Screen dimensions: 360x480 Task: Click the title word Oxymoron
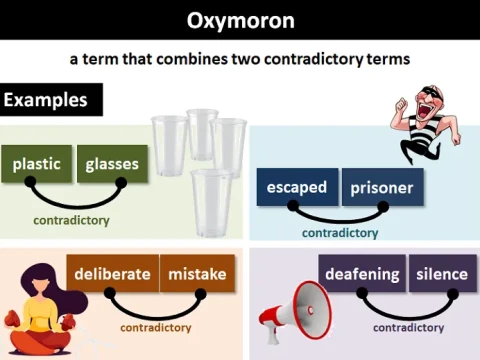pyautogui.click(x=240, y=20)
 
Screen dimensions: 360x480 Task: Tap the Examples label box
pyautogui.click(x=52, y=100)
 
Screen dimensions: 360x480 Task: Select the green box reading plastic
pyautogui.click(x=37, y=164)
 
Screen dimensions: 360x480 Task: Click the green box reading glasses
pyautogui.click(x=113, y=164)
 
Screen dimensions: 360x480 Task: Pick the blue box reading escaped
pyautogui.click(x=297, y=187)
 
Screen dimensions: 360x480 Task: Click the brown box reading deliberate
pyautogui.click(x=112, y=274)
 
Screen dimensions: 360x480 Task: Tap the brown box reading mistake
pyautogui.click(x=198, y=274)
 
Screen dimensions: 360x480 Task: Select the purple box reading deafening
pyautogui.click(x=362, y=274)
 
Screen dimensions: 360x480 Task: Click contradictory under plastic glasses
pyautogui.click(x=71, y=220)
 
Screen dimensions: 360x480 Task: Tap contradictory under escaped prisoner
pyautogui.click(x=340, y=233)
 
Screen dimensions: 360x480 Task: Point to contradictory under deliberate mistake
pyautogui.click(x=155, y=327)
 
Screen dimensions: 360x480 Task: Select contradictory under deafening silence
pyautogui.click(x=409, y=327)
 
